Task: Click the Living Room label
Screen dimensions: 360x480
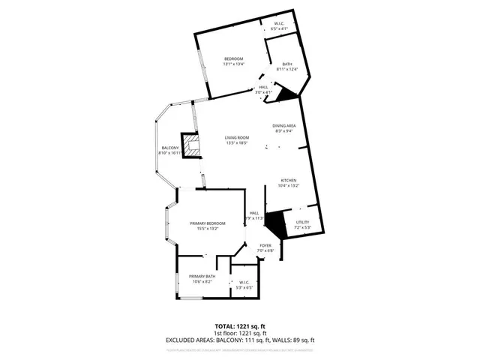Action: click(237, 139)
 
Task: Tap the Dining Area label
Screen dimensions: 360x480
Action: click(283, 127)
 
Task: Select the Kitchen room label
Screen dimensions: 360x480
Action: click(289, 182)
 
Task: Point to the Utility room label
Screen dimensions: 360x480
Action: click(302, 224)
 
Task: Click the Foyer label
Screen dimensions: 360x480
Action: click(265, 247)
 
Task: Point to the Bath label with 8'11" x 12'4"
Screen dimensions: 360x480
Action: click(287, 66)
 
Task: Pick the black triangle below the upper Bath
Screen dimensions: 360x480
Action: click(287, 94)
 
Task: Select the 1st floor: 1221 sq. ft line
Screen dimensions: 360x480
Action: click(240, 334)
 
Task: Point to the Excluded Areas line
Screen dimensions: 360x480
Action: click(240, 340)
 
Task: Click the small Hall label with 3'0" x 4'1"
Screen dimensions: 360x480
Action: click(263, 90)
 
